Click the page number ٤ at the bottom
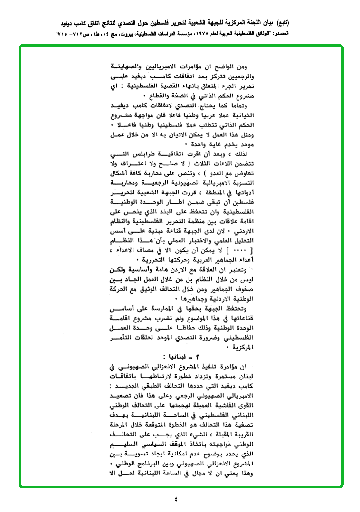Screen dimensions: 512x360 pos(176,499)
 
